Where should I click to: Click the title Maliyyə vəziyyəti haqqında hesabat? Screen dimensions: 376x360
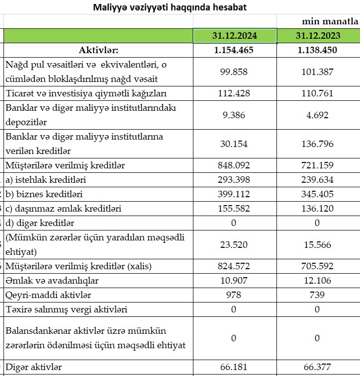[x=170, y=7]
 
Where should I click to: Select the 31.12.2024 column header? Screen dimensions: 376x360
[x=235, y=36]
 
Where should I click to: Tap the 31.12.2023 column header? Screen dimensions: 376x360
[x=317, y=36]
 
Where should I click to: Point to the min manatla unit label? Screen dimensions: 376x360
[x=330, y=21]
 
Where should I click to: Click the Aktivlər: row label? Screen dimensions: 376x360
[x=98, y=50]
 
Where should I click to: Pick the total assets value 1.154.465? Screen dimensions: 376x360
[x=235, y=50]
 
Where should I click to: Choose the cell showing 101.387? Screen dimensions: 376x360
[x=317, y=72]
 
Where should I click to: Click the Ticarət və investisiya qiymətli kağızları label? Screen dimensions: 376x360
[x=86, y=93]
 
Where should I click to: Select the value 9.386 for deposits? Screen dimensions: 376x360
[x=235, y=115]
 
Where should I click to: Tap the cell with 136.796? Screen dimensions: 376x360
[x=317, y=144]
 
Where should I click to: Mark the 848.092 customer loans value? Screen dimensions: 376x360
[x=235, y=165]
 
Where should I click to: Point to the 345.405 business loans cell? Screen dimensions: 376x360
[x=317, y=194]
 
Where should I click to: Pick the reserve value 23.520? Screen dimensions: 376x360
[x=235, y=244]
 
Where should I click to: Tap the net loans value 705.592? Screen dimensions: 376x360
[x=317, y=266]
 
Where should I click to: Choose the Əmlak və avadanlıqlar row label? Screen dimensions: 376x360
[x=52, y=281]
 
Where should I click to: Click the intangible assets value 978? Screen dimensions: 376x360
[x=235, y=295]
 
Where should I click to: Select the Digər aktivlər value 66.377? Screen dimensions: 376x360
[x=317, y=367]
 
